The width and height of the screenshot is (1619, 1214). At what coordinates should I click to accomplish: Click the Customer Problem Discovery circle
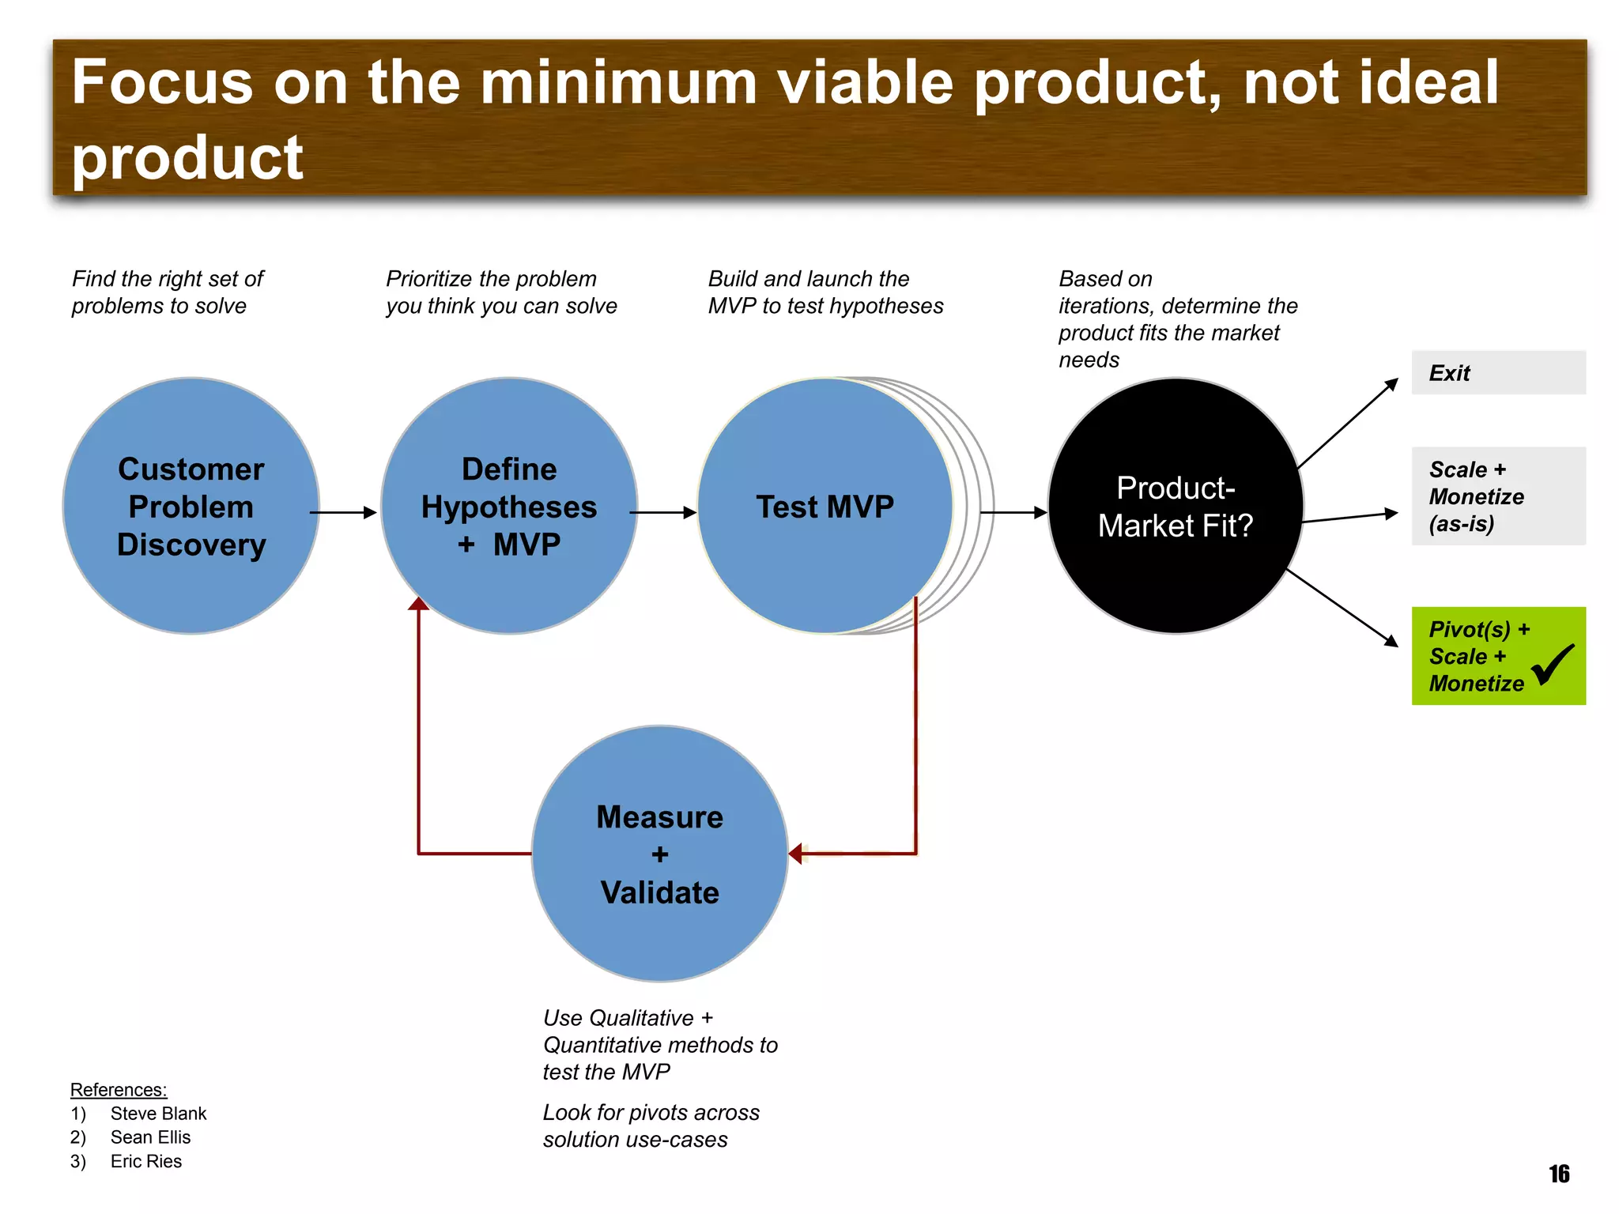point(191,506)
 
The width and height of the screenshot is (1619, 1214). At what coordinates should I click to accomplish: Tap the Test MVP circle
point(825,506)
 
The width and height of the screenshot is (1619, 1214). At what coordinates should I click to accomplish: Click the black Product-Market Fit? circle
point(1175,506)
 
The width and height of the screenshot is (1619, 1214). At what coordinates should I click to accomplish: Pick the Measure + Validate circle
point(659,854)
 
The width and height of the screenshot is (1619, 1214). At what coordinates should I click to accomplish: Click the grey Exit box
point(1498,372)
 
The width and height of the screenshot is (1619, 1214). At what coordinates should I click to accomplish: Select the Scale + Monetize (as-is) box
point(1498,496)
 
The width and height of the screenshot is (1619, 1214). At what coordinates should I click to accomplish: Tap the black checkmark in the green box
point(1553,664)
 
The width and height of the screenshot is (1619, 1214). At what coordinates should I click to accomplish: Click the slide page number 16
point(1559,1174)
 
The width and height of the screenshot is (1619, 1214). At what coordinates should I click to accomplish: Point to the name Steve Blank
point(158,1114)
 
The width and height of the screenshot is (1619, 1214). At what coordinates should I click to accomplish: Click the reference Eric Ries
point(146,1161)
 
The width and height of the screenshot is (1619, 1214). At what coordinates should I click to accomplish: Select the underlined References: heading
point(119,1090)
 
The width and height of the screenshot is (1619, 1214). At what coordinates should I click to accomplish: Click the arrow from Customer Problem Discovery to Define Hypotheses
point(345,512)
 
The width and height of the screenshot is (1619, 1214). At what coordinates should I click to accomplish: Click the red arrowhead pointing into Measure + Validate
point(796,854)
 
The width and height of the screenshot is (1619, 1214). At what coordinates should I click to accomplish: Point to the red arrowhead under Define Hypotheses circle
point(418,604)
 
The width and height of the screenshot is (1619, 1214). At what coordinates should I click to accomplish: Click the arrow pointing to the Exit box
point(1348,424)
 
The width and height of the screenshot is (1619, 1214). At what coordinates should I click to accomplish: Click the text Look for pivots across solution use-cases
point(650,1125)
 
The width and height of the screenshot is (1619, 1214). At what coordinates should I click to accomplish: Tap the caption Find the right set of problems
point(167,292)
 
